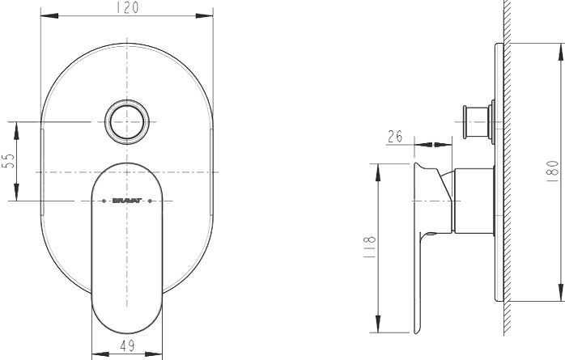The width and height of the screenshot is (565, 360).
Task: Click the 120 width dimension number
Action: click(126, 7)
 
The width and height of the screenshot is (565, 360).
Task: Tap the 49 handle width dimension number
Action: click(127, 345)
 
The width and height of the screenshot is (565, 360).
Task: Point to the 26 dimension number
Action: click(395, 137)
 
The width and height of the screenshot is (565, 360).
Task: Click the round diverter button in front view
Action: click(127, 123)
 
